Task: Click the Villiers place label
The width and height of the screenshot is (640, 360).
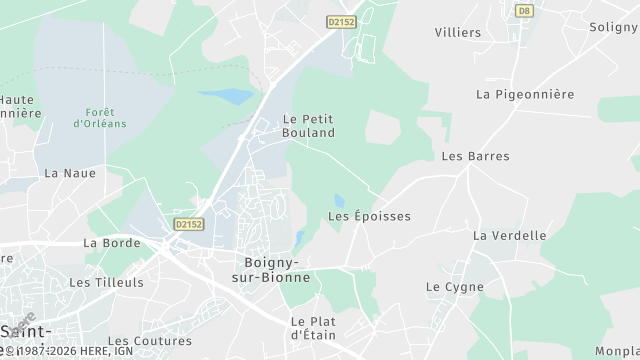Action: (458, 32)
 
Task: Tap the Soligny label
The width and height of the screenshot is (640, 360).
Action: (613, 27)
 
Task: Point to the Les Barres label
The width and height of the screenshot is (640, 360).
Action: (475, 156)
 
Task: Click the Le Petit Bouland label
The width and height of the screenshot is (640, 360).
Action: (308, 125)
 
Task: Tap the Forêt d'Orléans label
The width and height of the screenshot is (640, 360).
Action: (99, 117)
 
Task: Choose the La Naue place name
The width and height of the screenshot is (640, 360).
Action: (70, 173)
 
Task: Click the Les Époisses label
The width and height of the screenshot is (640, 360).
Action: (369, 216)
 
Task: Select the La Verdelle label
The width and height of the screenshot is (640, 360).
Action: (510, 236)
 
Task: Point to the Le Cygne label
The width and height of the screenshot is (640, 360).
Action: (454, 287)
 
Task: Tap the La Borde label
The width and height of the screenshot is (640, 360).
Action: (111, 243)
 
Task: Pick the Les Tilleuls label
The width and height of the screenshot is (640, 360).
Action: (106, 283)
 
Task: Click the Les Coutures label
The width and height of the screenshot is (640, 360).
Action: (149, 341)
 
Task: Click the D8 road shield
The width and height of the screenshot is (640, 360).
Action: (523, 10)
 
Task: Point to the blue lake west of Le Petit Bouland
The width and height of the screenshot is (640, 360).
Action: (227, 97)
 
